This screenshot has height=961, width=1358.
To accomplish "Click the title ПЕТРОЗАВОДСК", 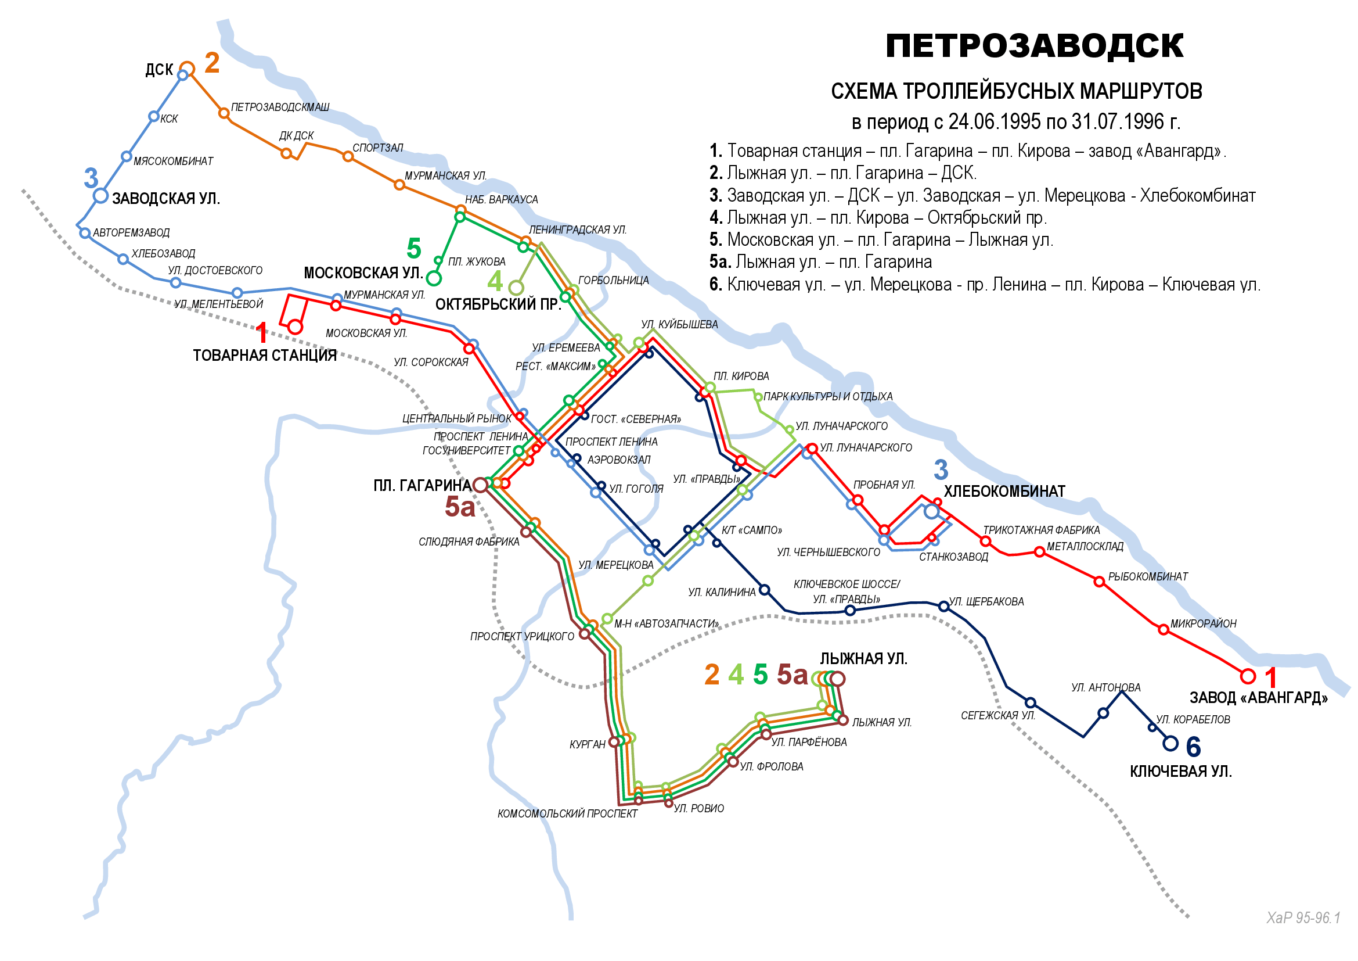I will coord(1034,46).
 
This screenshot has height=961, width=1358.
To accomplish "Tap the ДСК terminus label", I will coord(159,70).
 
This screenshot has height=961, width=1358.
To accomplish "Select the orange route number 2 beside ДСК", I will coord(212,63).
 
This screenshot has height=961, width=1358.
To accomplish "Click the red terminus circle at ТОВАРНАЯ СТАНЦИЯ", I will coord(295,327).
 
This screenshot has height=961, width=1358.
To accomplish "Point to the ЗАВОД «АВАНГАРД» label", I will coord(1258,698).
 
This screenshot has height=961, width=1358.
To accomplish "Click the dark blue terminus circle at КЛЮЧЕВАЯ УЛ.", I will coord(1170,743).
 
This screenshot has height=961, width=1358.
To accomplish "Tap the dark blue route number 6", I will coord(1193,747).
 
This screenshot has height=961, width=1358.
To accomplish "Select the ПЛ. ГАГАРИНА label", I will coord(422,486).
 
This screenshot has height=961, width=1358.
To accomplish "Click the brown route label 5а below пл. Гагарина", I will coord(460,507).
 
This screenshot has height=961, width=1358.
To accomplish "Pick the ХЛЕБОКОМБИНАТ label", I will coord(1004,492).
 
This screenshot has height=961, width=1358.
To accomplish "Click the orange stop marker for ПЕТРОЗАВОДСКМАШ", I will coord(224,113).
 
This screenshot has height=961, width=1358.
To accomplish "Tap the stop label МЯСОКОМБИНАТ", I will coord(172,162).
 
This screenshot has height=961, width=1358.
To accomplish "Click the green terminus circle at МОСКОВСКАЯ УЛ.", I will coord(434,278).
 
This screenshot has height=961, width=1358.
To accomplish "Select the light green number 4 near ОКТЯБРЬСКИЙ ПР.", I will coord(495,281).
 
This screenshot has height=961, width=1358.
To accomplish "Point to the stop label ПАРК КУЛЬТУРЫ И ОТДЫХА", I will coord(827,396).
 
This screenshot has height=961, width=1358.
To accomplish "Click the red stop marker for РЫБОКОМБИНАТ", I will coord(1099,582).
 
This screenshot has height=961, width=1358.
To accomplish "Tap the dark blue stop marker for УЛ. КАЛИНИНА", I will coord(764,590).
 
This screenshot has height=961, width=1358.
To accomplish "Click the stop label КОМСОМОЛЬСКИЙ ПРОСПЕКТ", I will coord(567,814).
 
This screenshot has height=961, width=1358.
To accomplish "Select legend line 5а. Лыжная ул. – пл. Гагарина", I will coord(820,261).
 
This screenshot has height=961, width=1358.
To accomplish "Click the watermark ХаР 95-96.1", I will coord(1303,918).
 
